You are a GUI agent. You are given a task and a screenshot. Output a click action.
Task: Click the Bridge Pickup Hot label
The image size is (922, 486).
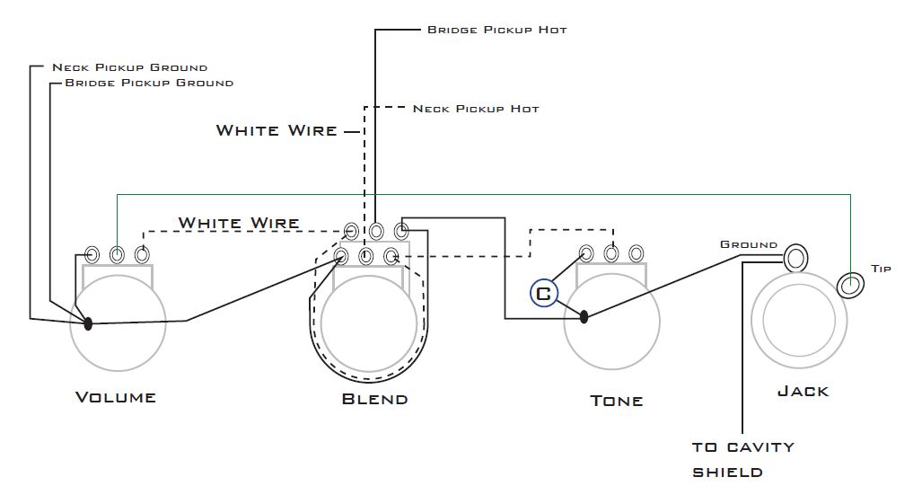tap(496, 30)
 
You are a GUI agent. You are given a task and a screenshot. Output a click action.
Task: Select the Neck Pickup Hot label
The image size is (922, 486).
tap(476, 109)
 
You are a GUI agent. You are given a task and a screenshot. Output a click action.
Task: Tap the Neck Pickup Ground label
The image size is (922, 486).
tap(130, 67)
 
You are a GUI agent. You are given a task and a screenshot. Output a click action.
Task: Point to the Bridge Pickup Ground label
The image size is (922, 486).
tap(149, 83)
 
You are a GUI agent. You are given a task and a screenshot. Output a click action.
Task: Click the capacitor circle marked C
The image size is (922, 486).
tap(543, 293)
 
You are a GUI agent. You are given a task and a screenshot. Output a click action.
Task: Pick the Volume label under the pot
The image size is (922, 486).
tap(116, 397)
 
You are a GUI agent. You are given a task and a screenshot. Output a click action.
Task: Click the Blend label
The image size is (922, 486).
tap(374, 399)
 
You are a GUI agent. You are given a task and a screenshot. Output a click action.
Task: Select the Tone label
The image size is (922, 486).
tap(616, 401)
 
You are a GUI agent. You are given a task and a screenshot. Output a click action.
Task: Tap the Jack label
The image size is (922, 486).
tap(803, 392)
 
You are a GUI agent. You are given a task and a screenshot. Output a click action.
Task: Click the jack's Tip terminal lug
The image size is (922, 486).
tap(849, 285)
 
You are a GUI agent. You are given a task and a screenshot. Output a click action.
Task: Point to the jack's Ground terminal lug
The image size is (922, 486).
tap(795, 258)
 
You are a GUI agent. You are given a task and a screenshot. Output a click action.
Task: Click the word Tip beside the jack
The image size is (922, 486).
tap(881, 269)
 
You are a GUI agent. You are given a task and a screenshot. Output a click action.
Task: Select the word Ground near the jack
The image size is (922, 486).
tap(749, 244)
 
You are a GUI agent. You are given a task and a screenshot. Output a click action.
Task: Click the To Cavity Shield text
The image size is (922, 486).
tap(742, 460)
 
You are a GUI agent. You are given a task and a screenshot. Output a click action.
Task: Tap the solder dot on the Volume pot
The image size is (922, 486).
tap(88, 323)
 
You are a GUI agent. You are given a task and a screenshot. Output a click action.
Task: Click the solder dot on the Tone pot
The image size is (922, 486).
tap(584, 316)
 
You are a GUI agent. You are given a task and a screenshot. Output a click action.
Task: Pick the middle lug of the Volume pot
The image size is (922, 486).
tap(117, 255)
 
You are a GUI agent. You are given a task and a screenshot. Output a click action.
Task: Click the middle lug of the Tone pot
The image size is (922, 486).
tap(611, 253)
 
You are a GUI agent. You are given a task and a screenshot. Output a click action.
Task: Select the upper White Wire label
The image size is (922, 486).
tap(277, 130)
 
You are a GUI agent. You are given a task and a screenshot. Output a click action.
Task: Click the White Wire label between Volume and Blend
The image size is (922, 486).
tap(239, 223)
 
